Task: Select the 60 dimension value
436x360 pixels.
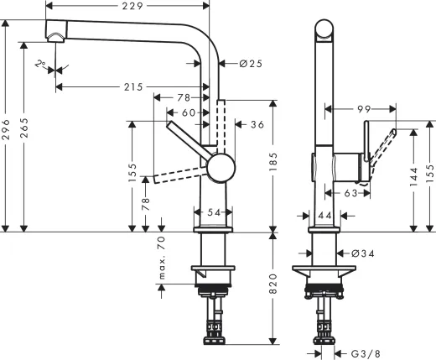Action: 189,112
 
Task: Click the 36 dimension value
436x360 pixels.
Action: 258,124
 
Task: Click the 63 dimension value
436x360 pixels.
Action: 351,193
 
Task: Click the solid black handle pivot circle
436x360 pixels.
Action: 221,167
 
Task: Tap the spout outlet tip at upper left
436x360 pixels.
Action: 56,34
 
